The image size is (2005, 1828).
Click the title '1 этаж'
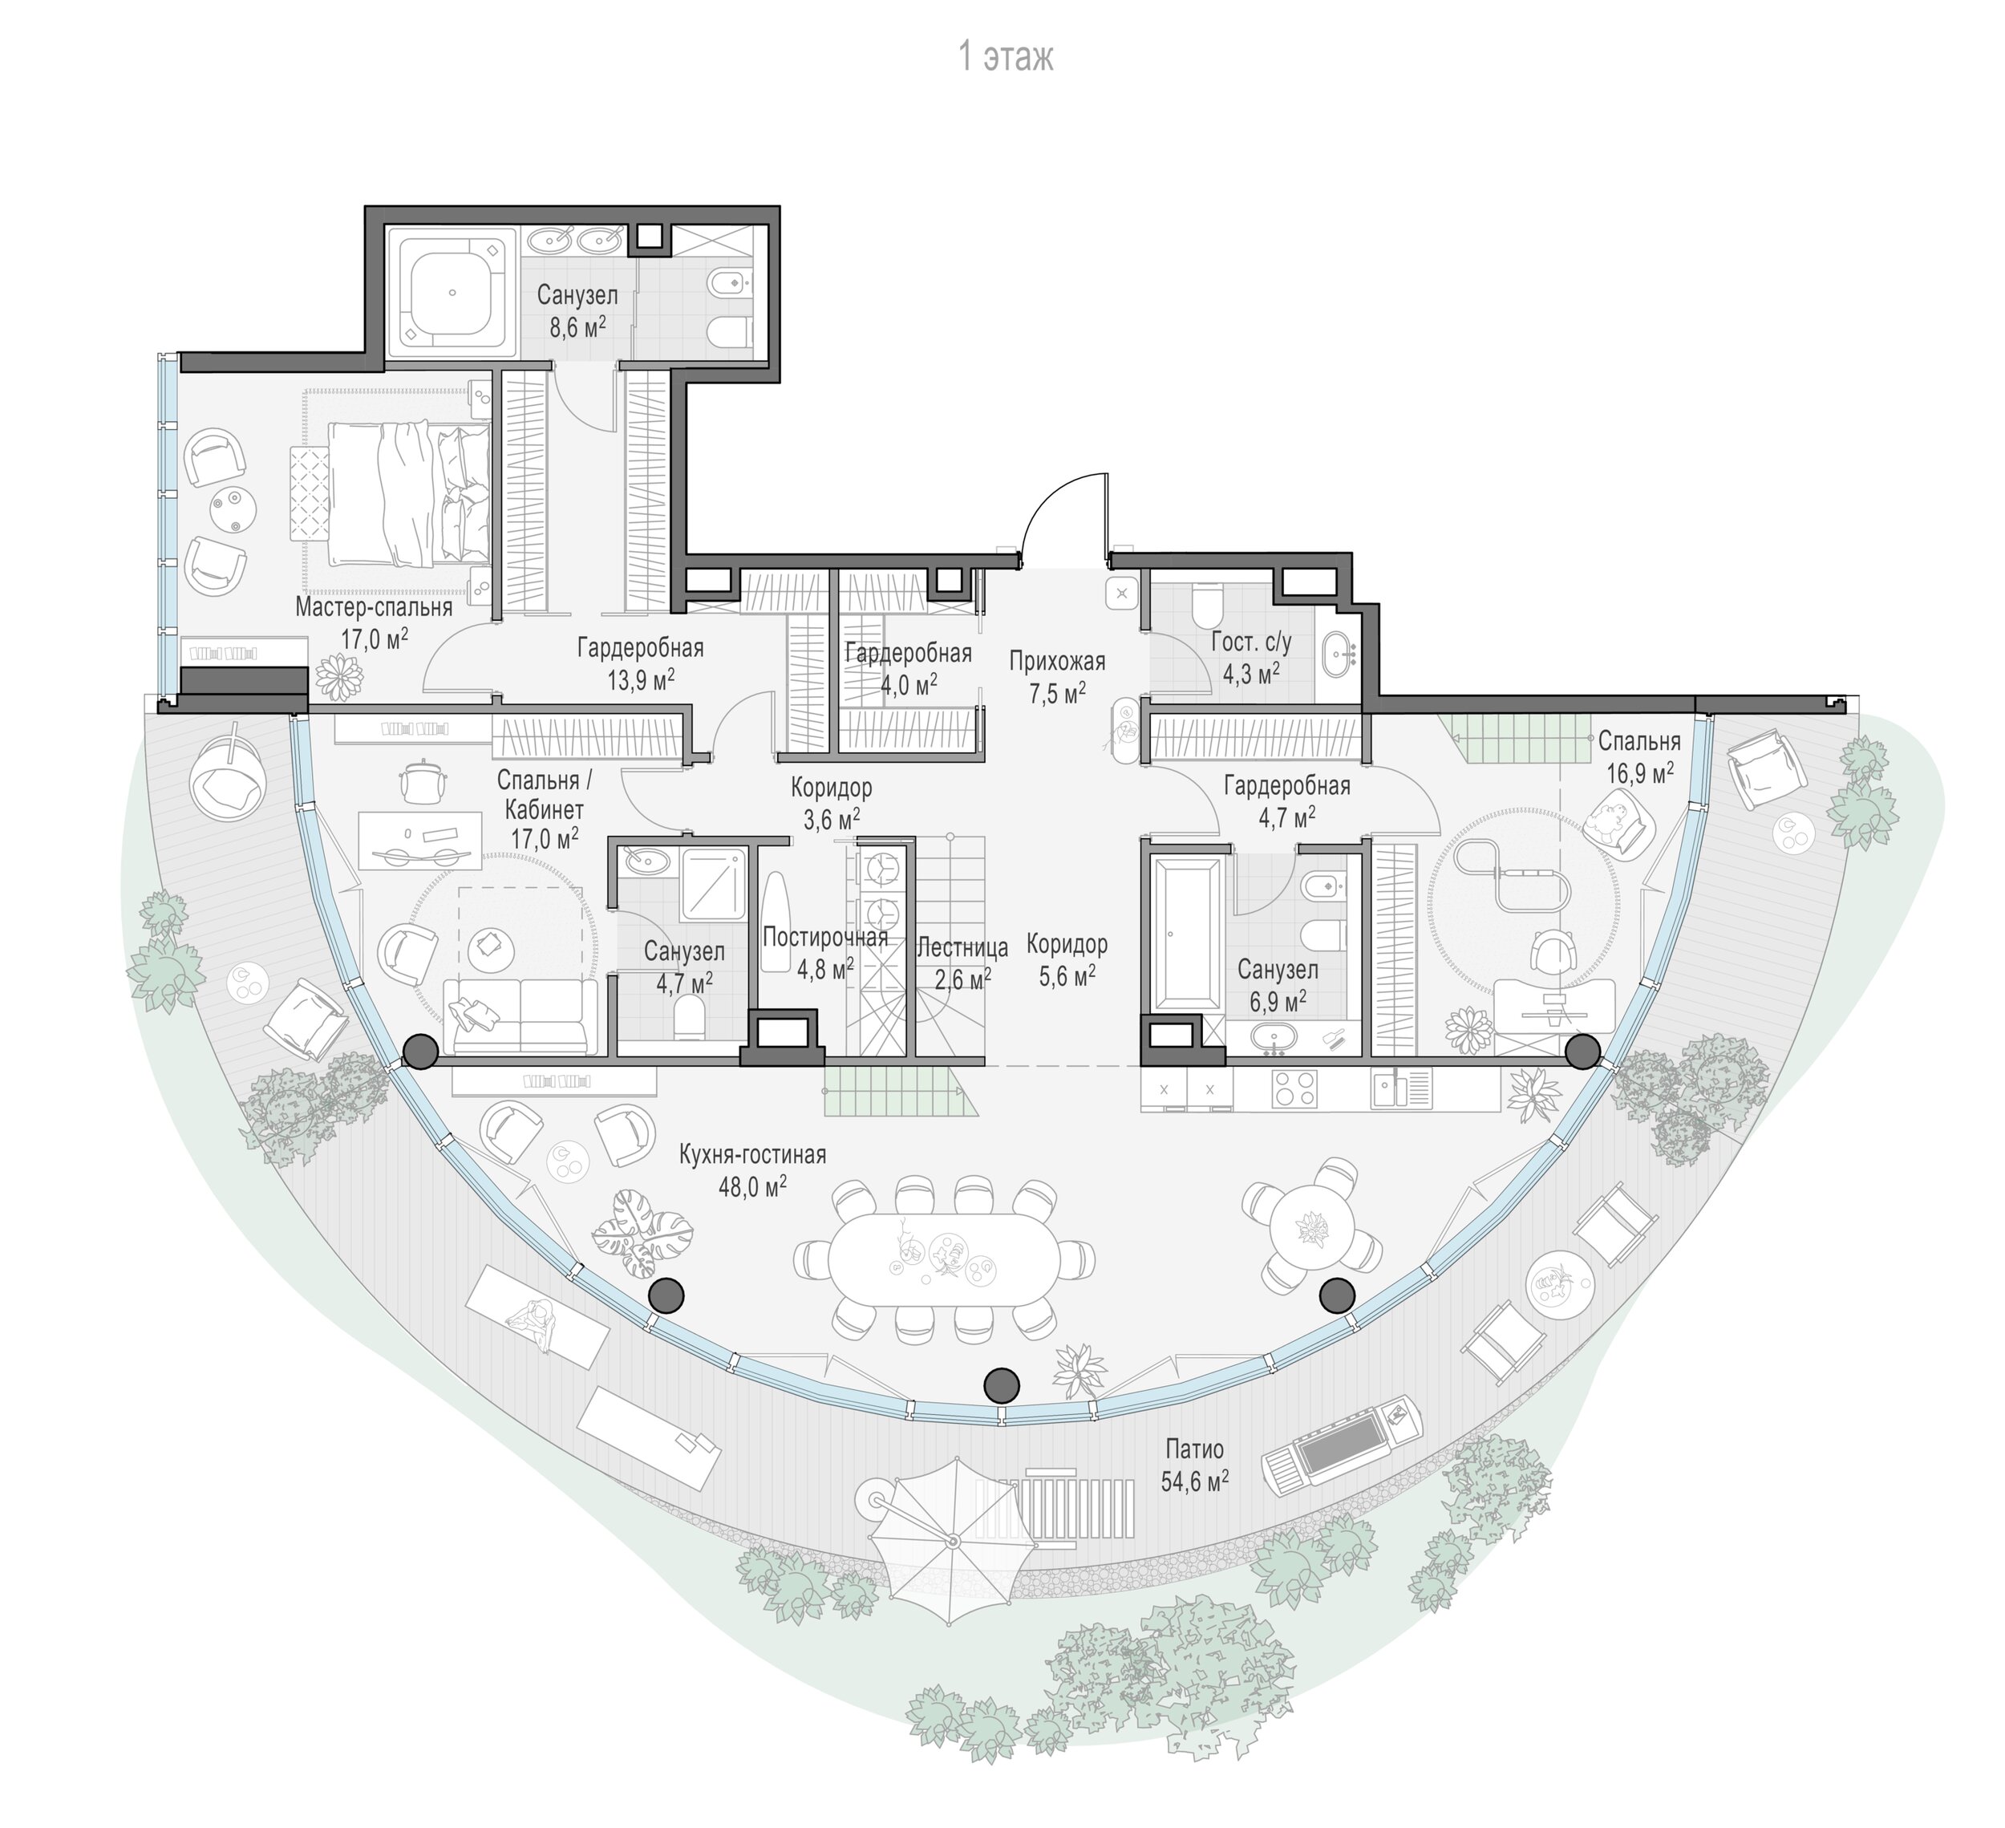[1004, 58]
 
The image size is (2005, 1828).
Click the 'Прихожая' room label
[1056, 660]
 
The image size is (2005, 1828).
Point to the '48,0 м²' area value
[753, 1186]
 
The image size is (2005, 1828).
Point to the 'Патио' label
[1193, 1450]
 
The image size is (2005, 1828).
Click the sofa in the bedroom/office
[521, 1015]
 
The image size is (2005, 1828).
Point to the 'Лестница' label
[962, 946]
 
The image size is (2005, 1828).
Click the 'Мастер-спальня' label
[374, 606]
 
